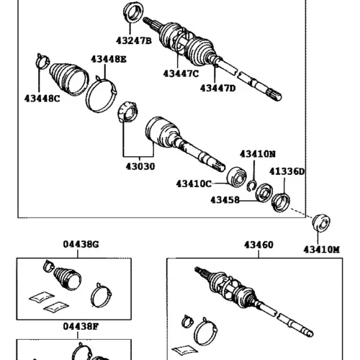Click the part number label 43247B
tap(134, 41)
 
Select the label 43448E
tap(109, 59)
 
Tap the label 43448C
tap(42, 99)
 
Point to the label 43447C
tap(181, 73)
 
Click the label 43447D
tap(218, 89)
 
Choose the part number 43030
tap(140, 166)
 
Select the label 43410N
tap(258, 154)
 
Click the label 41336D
tap(287, 171)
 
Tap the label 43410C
tap(194, 184)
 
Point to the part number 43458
tap(225, 200)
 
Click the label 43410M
tap(322, 250)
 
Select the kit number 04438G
tap(81, 244)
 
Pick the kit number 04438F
tap(81, 326)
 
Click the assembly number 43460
tap(258, 245)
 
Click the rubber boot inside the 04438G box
tap(67, 279)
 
